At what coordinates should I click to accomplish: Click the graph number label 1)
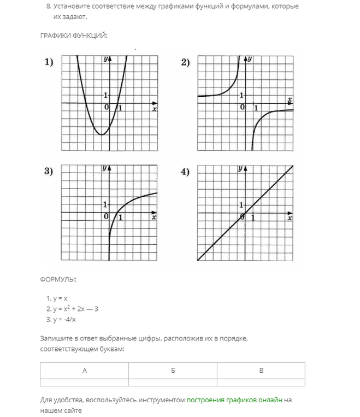pyautogui.click(x=49, y=63)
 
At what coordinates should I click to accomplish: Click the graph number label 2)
pyautogui.click(x=185, y=63)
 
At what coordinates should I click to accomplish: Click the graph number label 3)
pyautogui.click(x=49, y=172)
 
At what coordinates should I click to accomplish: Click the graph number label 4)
pyautogui.click(x=185, y=172)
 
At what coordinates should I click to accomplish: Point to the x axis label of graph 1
pyautogui.click(x=155, y=109)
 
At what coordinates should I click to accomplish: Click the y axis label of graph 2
pyautogui.click(x=250, y=58)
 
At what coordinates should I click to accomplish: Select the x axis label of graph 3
pyautogui.click(x=154, y=218)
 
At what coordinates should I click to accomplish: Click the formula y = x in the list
pyautogui.click(x=57, y=298)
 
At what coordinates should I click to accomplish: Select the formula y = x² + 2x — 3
pyautogui.click(x=72, y=309)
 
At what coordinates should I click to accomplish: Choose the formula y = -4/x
pyautogui.click(x=61, y=319)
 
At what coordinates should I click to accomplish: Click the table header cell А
pyautogui.click(x=84, y=371)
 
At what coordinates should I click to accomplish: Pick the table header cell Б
pyautogui.click(x=173, y=371)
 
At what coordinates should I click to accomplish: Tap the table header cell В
pyautogui.click(x=261, y=371)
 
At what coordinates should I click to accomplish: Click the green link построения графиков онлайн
pyautogui.click(x=234, y=400)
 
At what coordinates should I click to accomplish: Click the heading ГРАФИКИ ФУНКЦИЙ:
pyautogui.click(x=74, y=36)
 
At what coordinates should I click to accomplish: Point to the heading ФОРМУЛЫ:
pyautogui.click(x=58, y=279)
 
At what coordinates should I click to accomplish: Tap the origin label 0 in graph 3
pyautogui.click(x=106, y=217)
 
